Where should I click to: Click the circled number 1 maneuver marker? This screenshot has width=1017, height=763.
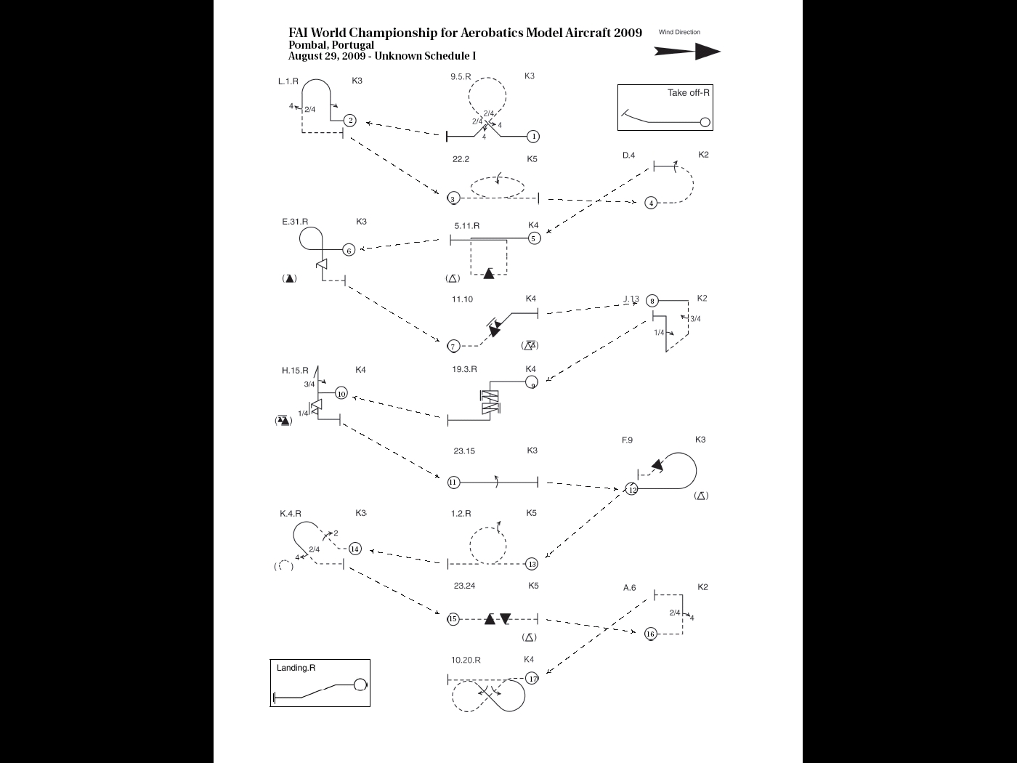533,136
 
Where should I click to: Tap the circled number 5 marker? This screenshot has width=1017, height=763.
534,238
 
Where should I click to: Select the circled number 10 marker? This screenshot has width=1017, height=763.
341,393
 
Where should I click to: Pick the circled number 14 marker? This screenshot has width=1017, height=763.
354,549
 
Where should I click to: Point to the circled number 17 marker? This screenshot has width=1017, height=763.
532,678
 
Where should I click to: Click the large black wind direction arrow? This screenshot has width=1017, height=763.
686,51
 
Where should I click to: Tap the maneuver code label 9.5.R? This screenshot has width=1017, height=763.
461,76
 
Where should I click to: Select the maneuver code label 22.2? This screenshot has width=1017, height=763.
461,159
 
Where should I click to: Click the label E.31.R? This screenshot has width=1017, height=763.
295,222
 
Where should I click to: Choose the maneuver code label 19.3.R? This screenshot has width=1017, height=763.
464,369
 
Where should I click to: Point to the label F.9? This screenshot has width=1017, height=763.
627,440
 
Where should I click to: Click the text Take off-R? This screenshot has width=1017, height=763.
688,92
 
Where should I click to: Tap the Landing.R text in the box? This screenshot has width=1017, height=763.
296,668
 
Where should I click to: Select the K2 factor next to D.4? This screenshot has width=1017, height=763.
703,155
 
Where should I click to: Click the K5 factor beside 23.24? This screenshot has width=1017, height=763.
533,586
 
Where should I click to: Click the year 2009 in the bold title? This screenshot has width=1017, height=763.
628,33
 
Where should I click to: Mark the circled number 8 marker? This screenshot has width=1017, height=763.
652,301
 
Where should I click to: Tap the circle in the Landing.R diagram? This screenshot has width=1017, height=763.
360,685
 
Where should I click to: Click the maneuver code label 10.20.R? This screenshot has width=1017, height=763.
466,660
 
